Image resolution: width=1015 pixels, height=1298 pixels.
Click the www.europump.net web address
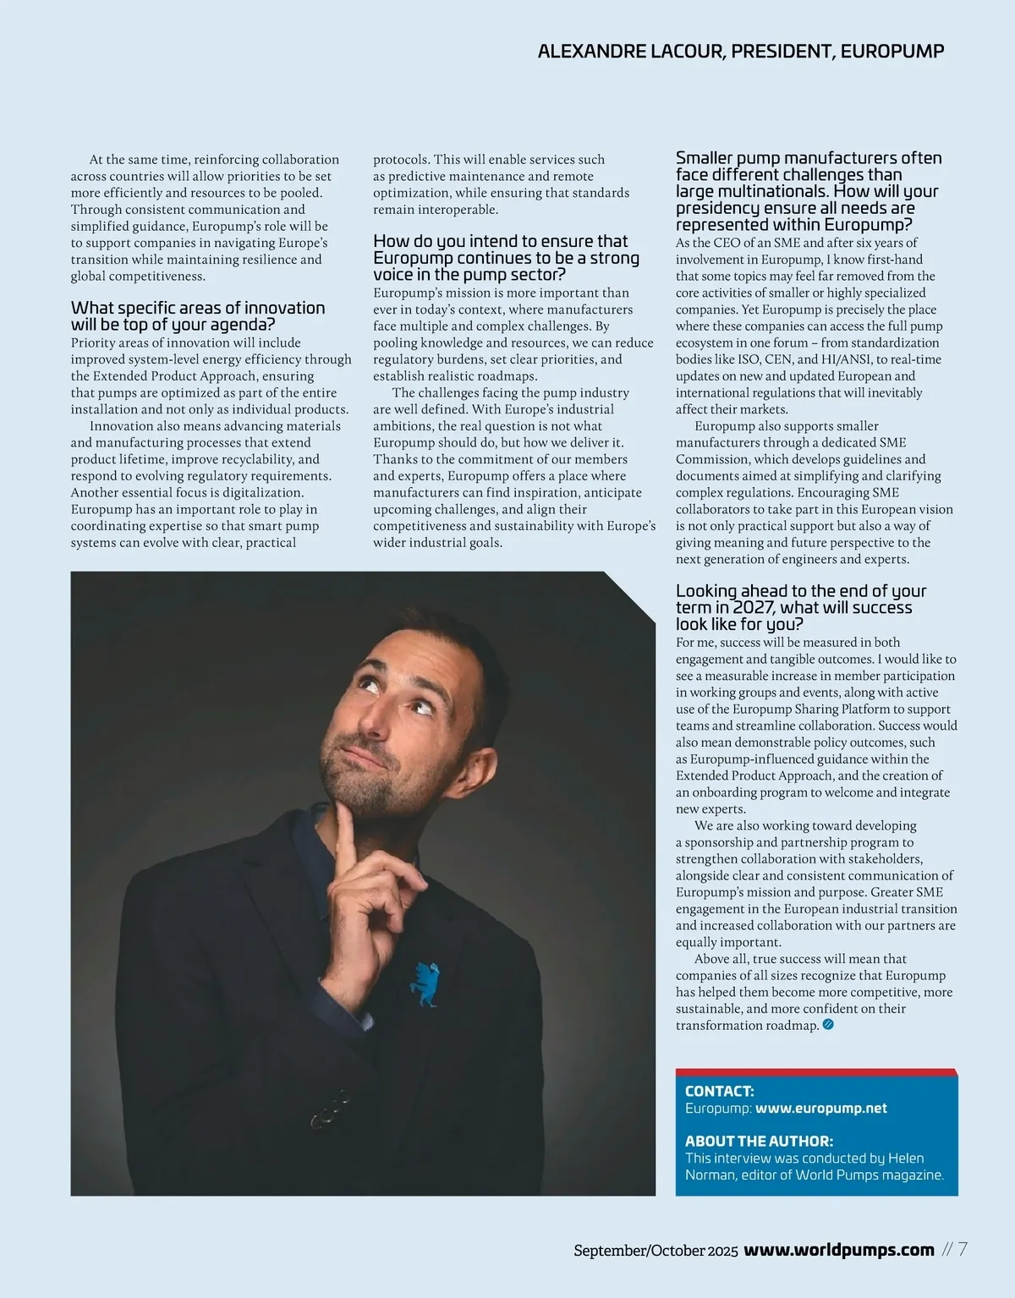820,1108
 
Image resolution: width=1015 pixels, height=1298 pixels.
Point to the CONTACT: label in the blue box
719,1091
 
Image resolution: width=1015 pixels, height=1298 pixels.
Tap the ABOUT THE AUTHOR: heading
759,1141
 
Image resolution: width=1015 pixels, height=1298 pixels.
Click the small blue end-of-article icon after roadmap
828,1025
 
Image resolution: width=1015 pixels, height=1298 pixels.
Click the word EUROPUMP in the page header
894,51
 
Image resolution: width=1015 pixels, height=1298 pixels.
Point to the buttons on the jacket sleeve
330,1108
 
